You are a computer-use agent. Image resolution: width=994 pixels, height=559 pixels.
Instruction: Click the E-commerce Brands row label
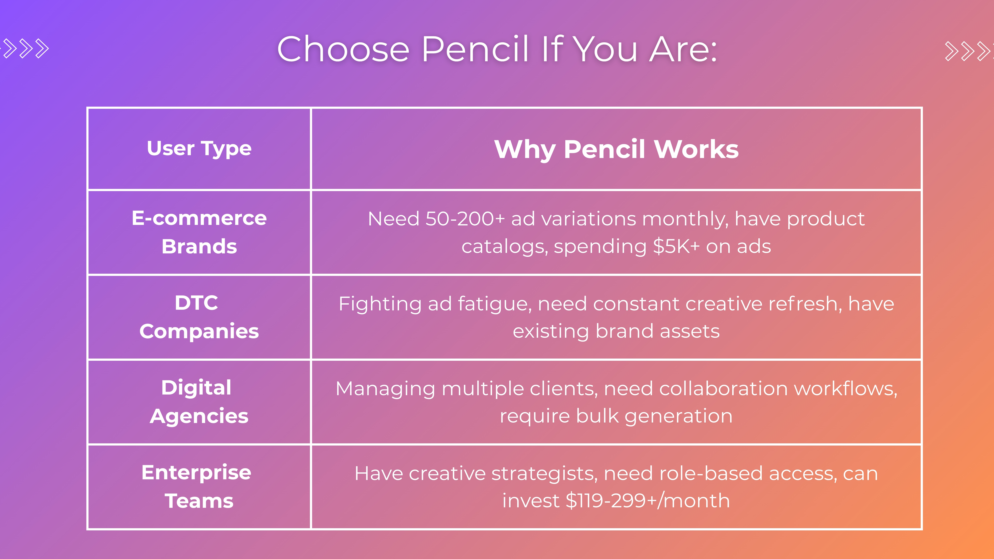tap(199, 232)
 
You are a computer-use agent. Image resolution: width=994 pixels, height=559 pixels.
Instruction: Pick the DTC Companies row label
tap(199, 317)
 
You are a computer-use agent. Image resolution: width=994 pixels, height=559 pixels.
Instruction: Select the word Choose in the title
tap(343, 49)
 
